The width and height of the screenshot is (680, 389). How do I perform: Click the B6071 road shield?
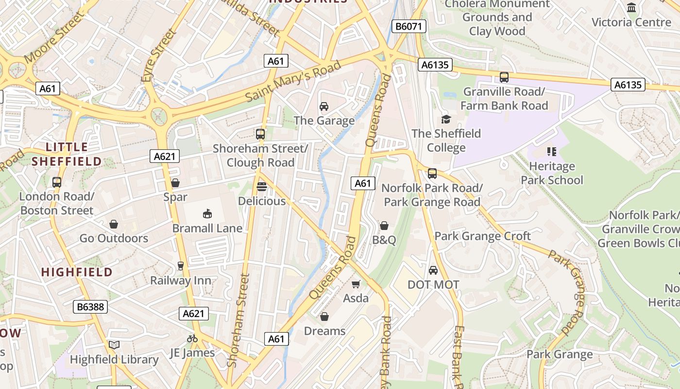408,26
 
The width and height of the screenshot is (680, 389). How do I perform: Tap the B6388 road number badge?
90,307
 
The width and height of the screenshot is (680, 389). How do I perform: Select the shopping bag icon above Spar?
175,183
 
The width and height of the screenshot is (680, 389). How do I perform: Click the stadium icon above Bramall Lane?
207,213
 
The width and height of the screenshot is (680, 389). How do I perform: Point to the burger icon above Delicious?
262,187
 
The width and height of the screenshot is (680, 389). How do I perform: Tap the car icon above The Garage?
324,106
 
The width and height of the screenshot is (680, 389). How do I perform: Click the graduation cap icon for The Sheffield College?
446,119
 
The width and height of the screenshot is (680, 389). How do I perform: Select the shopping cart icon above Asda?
356,284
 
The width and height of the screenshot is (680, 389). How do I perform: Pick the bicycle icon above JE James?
192,338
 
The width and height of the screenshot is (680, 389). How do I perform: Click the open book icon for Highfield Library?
114,345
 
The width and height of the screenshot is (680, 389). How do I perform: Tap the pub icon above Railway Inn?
181,266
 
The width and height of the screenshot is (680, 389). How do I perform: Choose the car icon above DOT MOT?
433,270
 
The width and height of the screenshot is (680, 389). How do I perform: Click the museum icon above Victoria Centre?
631,8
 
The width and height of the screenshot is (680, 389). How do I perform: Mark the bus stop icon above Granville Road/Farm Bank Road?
504,77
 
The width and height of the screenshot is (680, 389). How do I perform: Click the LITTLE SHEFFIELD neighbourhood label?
67,154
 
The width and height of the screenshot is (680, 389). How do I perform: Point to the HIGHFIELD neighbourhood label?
77,272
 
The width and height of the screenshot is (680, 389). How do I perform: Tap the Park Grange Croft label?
482,236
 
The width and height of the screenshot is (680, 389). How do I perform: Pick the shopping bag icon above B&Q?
384,226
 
